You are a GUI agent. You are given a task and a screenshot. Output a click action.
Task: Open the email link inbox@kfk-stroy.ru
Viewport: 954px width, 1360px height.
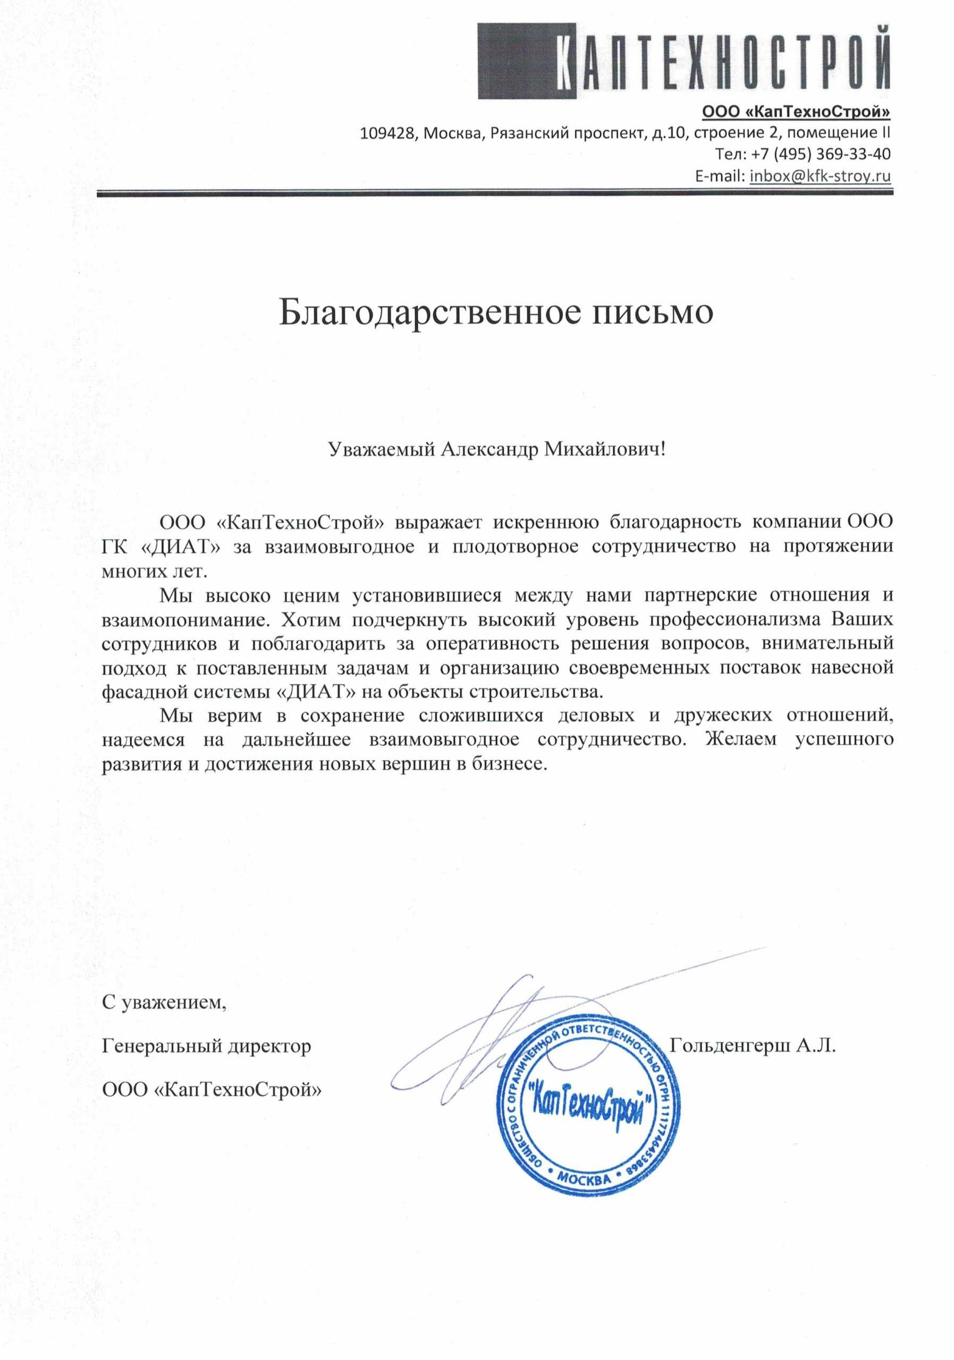820,176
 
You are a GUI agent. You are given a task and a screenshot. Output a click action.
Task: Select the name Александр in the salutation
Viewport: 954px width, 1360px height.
489,449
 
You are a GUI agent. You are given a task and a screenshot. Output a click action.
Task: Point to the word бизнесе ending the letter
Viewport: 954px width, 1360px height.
509,764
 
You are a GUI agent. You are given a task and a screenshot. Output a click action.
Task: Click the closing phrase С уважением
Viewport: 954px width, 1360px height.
164,1002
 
